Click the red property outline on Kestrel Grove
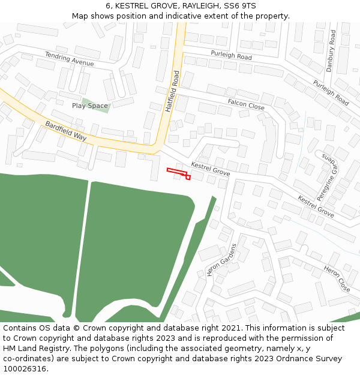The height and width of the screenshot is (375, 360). click(x=178, y=172)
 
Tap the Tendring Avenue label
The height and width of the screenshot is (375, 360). click(x=69, y=59)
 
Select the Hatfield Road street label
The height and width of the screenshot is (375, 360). click(x=172, y=92)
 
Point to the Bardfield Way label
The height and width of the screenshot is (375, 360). click(x=66, y=131)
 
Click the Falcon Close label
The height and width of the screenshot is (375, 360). click(x=246, y=104)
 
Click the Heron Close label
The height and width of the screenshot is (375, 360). click(x=337, y=278)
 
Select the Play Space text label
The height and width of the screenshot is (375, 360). click(x=90, y=106)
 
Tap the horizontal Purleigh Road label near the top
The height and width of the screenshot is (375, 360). click(x=231, y=56)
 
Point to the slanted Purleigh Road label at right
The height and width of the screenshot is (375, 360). click(x=331, y=92)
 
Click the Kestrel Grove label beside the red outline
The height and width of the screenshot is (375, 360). click(x=210, y=169)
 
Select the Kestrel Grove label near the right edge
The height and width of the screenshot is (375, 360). click(x=316, y=206)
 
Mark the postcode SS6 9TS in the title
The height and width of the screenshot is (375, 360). click(x=240, y=6)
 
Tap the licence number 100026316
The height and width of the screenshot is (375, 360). click(x=25, y=369)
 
